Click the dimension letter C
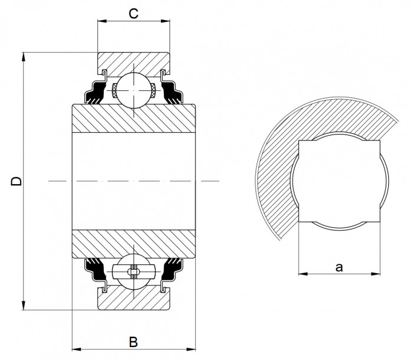tap(134, 14)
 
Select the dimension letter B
tap(133, 342)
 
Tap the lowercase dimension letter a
tap(339, 267)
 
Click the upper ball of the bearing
tap(134, 90)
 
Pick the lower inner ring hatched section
tap(134, 242)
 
